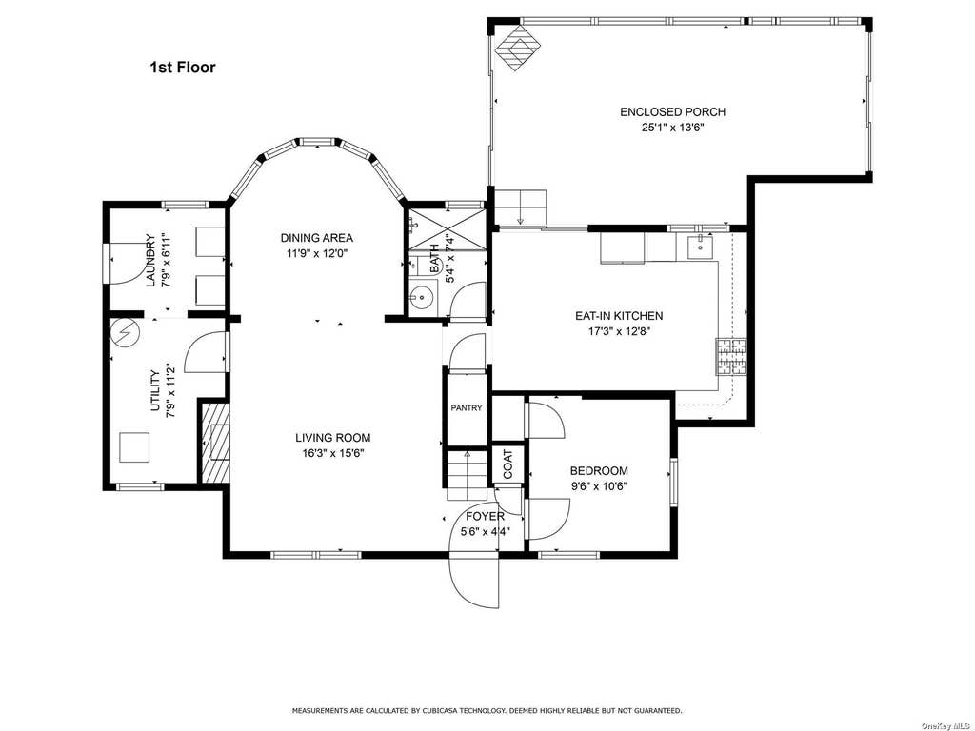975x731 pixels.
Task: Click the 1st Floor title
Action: pyautogui.click(x=182, y=68)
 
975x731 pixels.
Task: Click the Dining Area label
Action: pyautogui.click(x=316, y=237)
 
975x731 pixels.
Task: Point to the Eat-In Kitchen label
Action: pyautogui.click(x=619, y=316)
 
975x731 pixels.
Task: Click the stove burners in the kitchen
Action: pyautogui.click(x=731, y=356)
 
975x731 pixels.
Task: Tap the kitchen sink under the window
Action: pyautogui.click(x=701, y=247)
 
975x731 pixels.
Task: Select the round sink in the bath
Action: pyautogui.click(x=422, y=298)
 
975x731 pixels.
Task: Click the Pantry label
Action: pyautogui.click(x=467, y=407)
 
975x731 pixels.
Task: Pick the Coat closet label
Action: pyautogui.click(x=508, y=464)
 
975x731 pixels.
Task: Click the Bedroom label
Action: pyautogui.click(x=599, y=470)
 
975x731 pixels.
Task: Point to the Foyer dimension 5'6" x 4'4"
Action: pyautogui.click(x=485, y=531)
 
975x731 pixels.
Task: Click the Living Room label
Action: pyautogui.click(x=332, y=438)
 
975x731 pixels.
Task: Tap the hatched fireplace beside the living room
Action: pyautogui.click(x=216, y=443)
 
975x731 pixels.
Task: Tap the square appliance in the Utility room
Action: pyautogui.click(x=134, y=447)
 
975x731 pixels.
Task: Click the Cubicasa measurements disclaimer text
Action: pyautogui.click(x=487, y=710)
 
